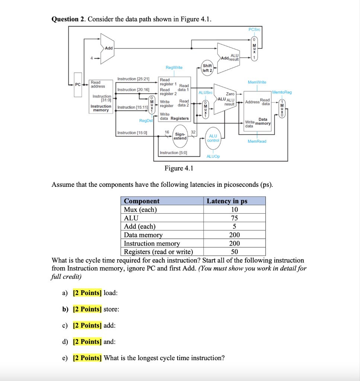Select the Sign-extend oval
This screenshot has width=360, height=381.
coord(180,136)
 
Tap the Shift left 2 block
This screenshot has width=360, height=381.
coord(207,68)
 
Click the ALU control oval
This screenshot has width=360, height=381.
coord(213,138)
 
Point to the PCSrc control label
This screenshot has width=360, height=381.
coord(254,29)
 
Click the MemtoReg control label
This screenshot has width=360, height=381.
coord(282,92)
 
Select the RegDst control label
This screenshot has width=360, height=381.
coord(146,121)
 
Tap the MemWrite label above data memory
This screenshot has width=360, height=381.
coord(257,82)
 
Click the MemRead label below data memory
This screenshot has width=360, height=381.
coord(257,141)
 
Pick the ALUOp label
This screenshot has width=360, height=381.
coord(213,157)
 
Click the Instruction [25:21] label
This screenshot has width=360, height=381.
coord(133,79)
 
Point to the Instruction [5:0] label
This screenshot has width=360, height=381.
coord(173,153)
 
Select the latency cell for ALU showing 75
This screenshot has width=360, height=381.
coord(234,218)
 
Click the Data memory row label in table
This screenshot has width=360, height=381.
coord(143,235)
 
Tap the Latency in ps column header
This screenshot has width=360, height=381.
coord(227,201)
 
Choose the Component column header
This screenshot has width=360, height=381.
coord(141,201)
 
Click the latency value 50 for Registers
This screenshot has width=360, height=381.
coord(234,252)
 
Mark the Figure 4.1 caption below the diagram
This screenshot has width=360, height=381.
coord(179,169)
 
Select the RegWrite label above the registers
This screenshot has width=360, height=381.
coord(174,67)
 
